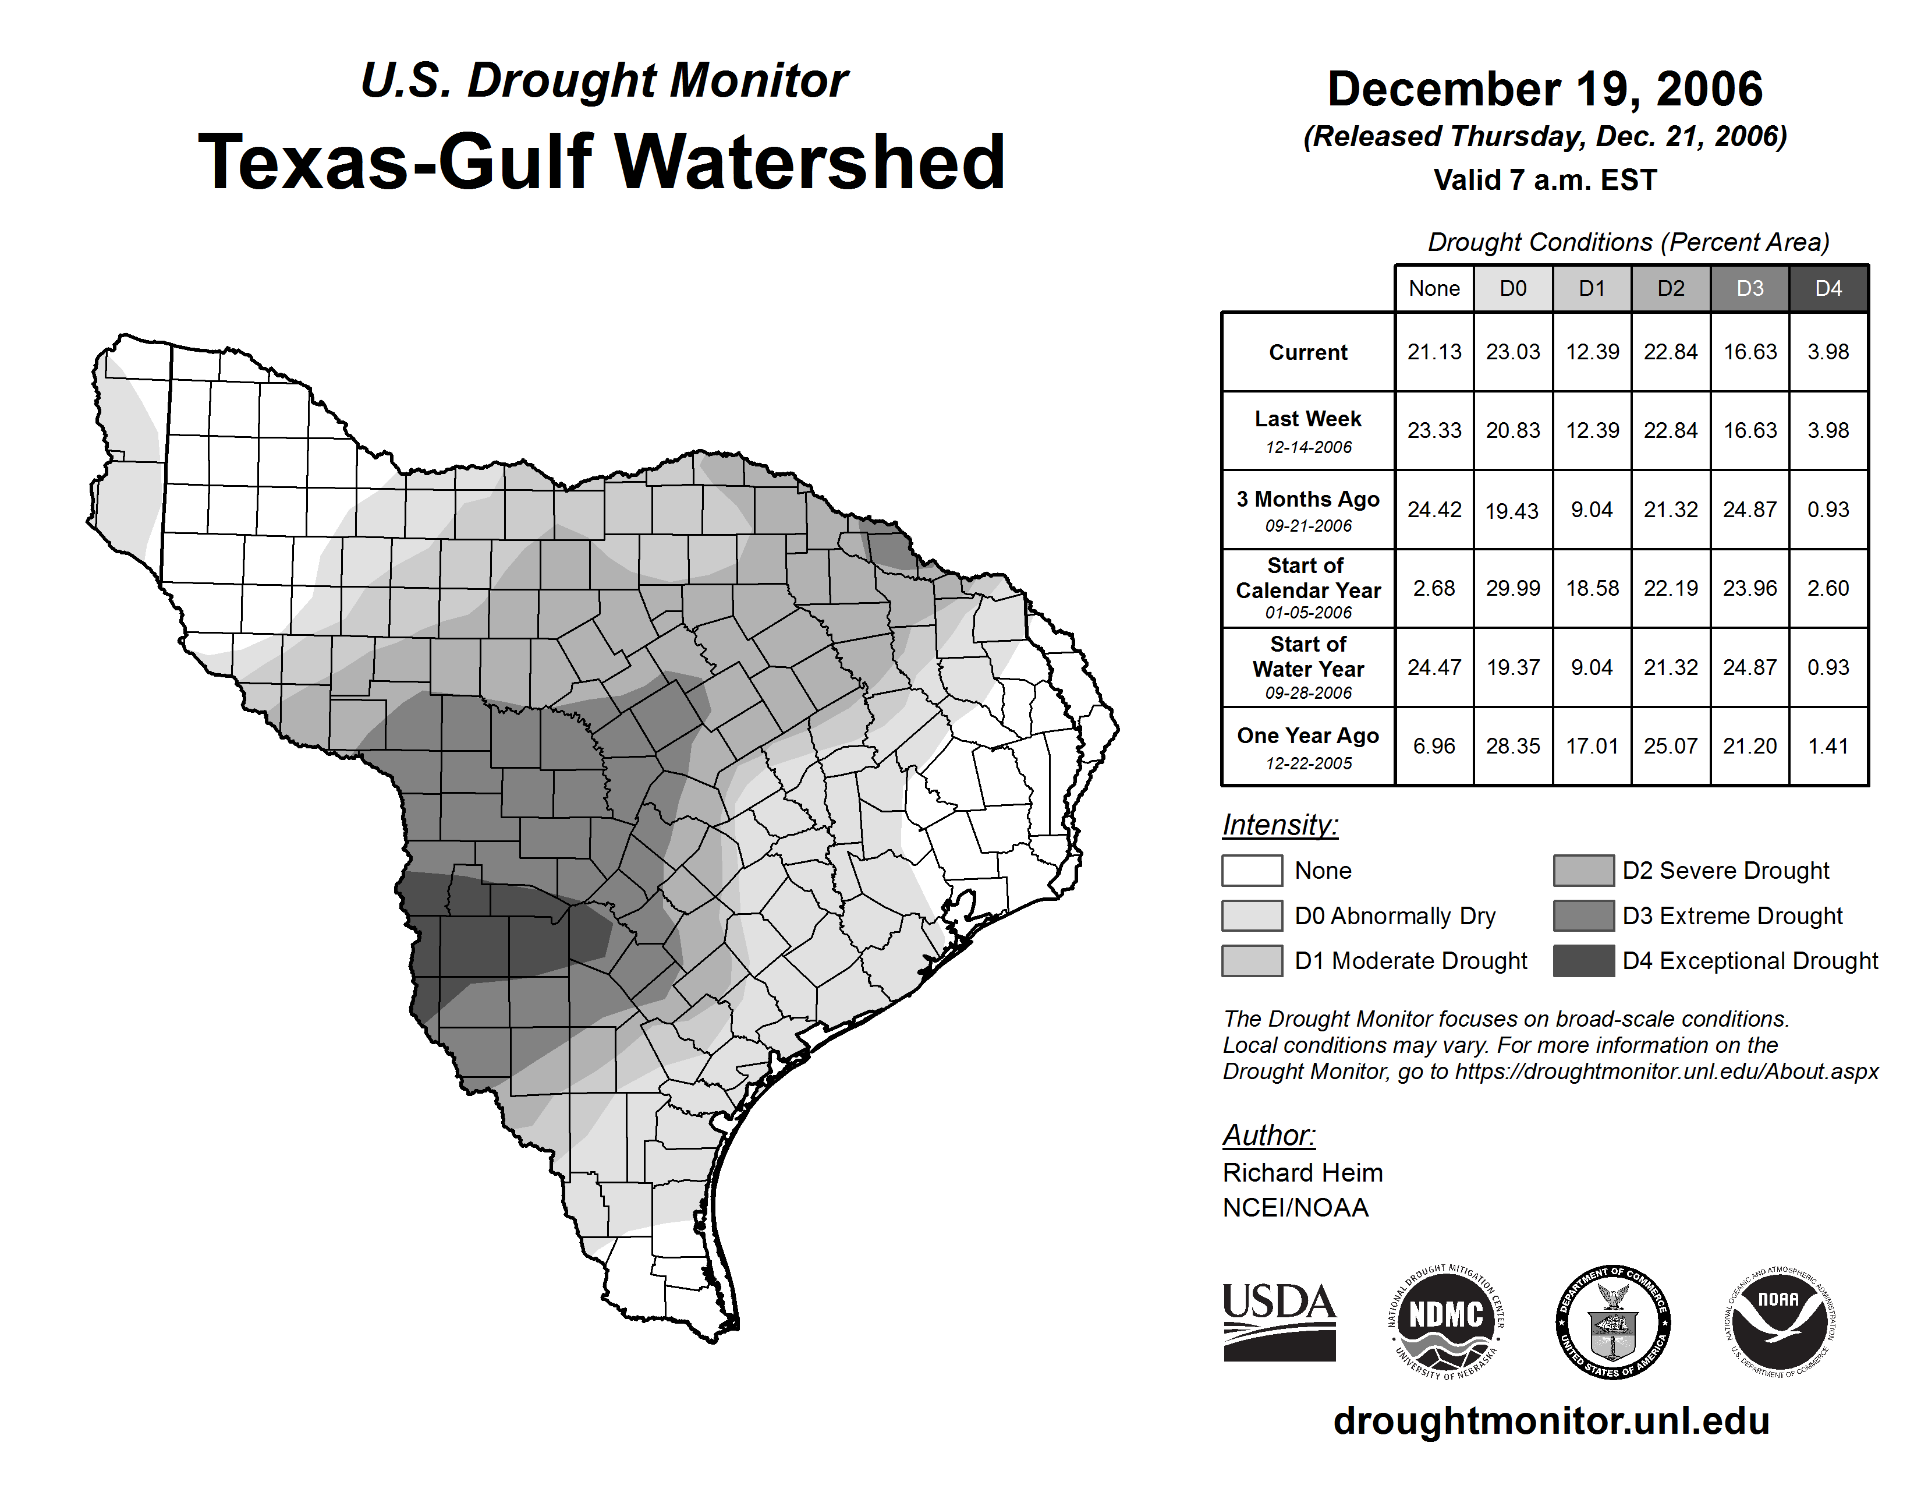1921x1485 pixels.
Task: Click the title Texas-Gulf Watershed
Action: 602,162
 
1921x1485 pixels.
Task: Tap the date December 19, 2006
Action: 1544,90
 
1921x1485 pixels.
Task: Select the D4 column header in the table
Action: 1828,288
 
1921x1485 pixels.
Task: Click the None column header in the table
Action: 1434,288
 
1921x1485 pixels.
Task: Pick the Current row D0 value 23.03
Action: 1513,352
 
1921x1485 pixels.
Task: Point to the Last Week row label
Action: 1308,429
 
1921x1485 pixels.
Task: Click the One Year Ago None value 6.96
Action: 1434,746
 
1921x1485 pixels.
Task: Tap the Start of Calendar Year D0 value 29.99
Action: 1513,588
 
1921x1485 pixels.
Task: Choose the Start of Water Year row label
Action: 1308,667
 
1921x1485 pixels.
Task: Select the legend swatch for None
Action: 1252,870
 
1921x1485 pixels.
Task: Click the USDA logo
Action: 1279,1321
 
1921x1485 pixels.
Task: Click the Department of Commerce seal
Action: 1613,1321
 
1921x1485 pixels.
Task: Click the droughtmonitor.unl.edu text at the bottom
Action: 1551,1421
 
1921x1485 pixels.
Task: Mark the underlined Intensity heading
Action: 1280,825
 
